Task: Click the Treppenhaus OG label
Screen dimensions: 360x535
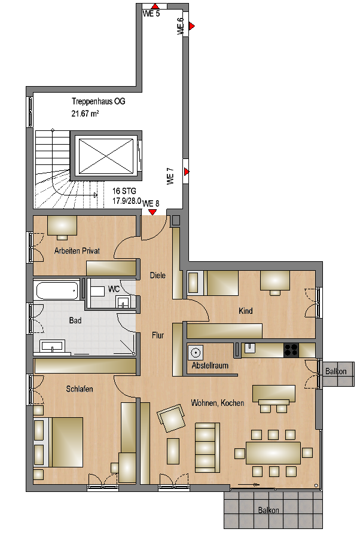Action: [98, 102]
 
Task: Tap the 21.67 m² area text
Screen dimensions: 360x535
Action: [85, 114]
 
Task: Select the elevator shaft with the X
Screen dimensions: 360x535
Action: [106, 155]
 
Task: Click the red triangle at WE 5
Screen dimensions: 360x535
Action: [155, 6]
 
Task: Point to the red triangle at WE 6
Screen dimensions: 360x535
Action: [192, 26]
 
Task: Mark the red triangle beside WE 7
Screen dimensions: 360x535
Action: [187, 172]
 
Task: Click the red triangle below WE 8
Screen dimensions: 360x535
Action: [152, 212]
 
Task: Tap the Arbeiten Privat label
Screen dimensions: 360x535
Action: [77, 251]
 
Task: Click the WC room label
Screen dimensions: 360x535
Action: [114, 289]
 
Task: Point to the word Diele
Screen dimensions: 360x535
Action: [158, 275]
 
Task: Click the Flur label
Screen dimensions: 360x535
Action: [158, 335]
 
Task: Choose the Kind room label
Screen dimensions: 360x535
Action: [245, 311]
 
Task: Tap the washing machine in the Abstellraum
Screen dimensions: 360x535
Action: [196, 353]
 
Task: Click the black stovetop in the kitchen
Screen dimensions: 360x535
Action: [291, 350]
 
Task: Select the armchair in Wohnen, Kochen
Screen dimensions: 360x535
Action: [171, 418]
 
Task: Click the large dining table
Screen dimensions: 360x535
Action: [273, 453]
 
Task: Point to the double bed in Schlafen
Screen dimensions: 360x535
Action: [59, 442]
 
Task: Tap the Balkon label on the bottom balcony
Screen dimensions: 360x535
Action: [269, 510]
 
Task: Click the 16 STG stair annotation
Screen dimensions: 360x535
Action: [124, 191]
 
